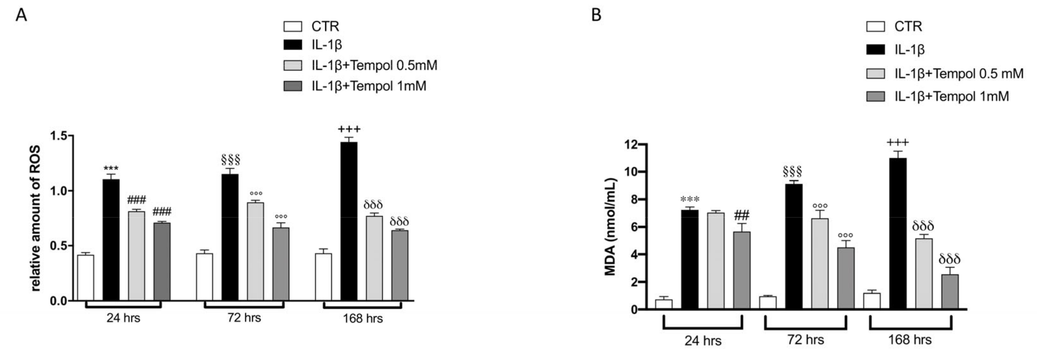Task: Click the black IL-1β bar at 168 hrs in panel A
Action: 349,221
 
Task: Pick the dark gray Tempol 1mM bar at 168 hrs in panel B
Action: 950,292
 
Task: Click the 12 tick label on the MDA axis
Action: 632,144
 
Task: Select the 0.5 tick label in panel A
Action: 59,246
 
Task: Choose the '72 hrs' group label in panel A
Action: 244,318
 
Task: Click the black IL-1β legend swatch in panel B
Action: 876,50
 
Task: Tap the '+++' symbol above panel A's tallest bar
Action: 349,129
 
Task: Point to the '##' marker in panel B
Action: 742,215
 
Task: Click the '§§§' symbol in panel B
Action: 793,171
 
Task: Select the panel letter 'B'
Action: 597,15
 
